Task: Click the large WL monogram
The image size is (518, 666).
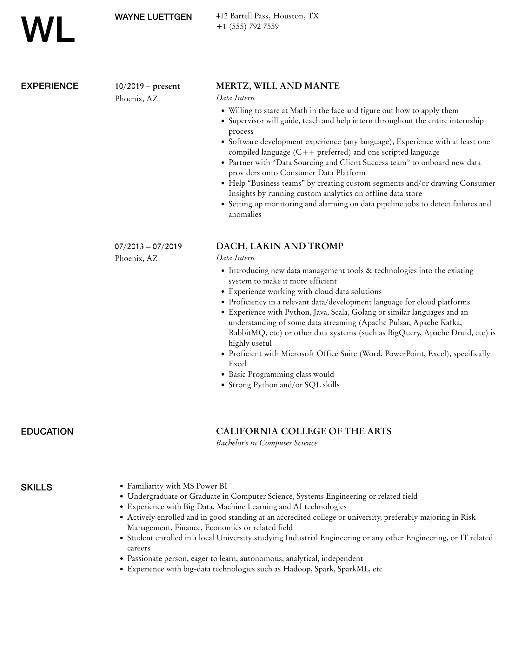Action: pos(48,30)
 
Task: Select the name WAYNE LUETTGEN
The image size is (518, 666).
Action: pos(153,17)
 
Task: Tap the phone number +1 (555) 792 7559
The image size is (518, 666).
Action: pos(247,26)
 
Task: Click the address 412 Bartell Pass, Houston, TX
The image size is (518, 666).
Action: pos(267,16)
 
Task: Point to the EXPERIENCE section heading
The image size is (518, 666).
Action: pos(50,86)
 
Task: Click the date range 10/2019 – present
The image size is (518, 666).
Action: pos(147,86)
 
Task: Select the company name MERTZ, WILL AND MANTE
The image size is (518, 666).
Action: pos(278,86)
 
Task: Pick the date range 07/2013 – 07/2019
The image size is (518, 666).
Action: pos(148,246)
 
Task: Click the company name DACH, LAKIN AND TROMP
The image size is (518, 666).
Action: pos(280,246)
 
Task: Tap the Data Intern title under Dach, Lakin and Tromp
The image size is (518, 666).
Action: pos(235,258)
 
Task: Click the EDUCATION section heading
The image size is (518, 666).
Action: pos(47,431)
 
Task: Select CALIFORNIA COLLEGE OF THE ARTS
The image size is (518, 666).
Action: pos(303,431)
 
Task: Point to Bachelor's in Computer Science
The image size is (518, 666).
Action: pos(267,443)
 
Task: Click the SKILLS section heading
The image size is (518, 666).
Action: pos(37,487)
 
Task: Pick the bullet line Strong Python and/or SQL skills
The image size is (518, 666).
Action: pos(284,385)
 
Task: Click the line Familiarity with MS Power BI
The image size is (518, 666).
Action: pos(177,486)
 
